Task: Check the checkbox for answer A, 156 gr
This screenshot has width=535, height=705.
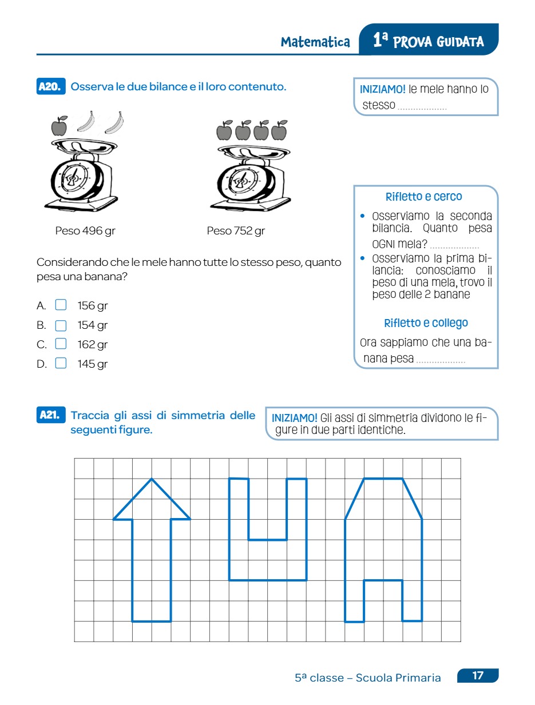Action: [61, 305]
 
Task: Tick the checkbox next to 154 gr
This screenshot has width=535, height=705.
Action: [61, 325]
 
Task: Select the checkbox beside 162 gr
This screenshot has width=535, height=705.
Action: [61, 344]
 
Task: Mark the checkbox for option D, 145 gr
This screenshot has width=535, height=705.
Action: [61, 364]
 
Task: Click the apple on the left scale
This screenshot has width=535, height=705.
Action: [59, 126]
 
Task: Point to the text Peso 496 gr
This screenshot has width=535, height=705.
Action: [85, 231]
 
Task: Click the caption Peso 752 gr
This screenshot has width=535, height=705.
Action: [236, 231]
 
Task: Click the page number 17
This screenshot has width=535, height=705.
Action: [478, 676]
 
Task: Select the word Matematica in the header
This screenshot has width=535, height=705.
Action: [315, 42]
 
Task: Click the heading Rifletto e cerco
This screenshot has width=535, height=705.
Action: [424, 197]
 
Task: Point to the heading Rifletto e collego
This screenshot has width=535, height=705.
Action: [426, 323]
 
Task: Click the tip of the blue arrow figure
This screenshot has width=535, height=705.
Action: [152, 479]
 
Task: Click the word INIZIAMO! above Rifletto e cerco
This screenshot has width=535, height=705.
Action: [383, 89]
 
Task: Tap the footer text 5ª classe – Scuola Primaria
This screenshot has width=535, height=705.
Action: [368, 678]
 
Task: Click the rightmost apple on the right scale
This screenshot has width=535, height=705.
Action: [279, 131]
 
